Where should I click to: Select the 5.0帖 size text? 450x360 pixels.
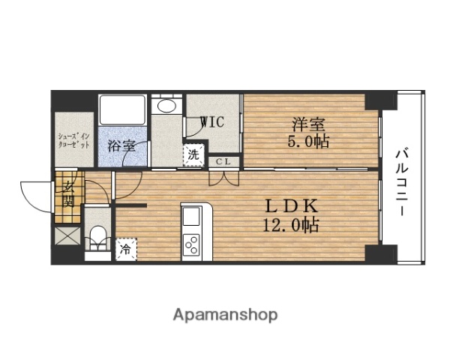point(307,141)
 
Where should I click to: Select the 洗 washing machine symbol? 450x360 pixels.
point(193,156)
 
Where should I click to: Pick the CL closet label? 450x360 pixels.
point(223,161)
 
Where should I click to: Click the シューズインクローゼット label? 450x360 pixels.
point(74,139)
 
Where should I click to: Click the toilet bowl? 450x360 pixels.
point(95,238)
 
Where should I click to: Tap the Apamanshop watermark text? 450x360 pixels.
point(226,314)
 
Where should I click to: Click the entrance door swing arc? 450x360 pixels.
point(33,196)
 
